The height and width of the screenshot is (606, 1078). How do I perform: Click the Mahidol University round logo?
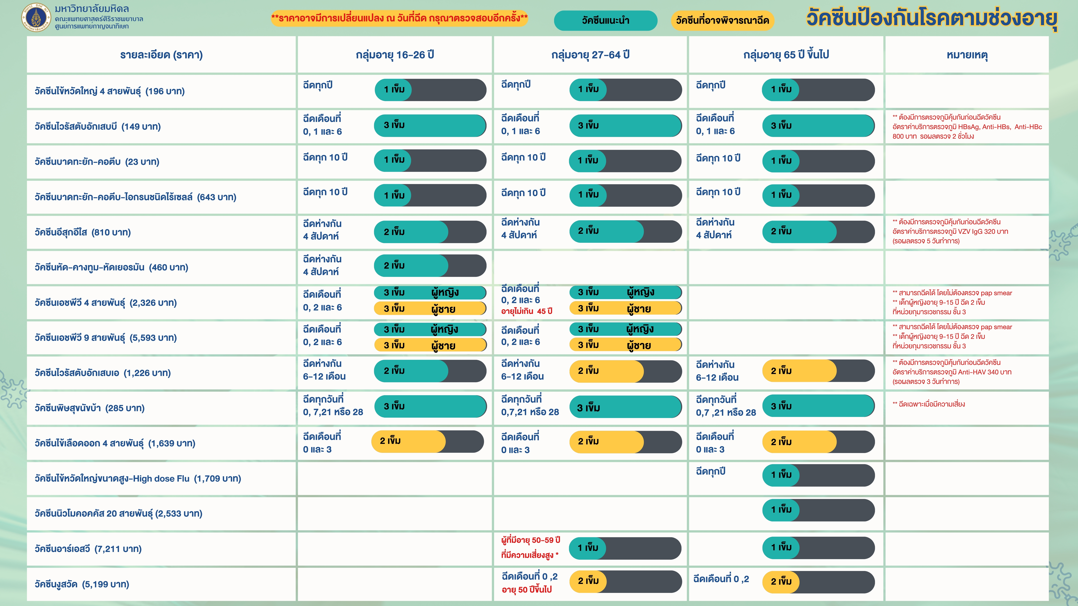(36, 17)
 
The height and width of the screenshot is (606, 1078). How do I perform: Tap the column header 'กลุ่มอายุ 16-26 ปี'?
(395, 55)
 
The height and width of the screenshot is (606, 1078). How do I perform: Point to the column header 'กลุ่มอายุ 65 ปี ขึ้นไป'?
(786, 55)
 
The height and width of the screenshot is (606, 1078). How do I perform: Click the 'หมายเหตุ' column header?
(967, 55)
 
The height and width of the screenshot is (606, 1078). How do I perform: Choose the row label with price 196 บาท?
(110, 91)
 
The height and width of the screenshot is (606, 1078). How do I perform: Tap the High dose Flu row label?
(138, 479)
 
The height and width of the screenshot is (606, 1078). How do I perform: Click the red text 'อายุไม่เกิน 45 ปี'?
(526, 311)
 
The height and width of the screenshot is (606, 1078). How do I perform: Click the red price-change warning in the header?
(399, 18)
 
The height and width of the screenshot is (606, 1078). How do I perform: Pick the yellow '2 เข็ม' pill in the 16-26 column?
(427, 441)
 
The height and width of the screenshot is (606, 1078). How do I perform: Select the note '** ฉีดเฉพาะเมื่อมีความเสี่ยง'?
(929, 404)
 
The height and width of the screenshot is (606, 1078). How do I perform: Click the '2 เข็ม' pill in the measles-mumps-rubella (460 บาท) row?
(430, 266)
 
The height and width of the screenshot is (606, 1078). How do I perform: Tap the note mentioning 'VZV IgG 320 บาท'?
(950, 231)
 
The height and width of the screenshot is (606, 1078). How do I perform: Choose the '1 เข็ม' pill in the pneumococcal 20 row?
(818, 510)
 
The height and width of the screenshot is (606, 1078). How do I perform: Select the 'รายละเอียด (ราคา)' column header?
(162, 55)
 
